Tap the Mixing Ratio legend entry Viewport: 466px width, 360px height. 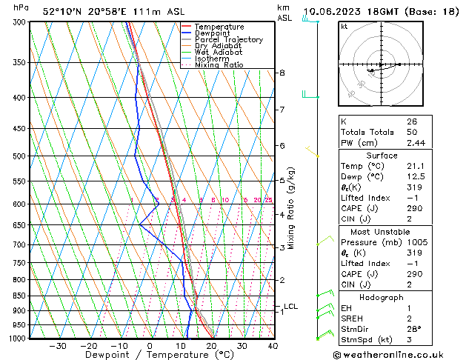point(219,65)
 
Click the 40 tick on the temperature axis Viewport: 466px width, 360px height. point(273,345)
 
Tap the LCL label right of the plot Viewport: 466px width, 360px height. point(290,306)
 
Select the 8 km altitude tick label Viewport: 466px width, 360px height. point(282,73)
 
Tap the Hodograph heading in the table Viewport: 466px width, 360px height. point(382,297)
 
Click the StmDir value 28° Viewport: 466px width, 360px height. point(413,329)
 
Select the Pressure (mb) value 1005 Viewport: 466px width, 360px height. point(416,241)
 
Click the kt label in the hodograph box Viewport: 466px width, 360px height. point(344,27)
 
